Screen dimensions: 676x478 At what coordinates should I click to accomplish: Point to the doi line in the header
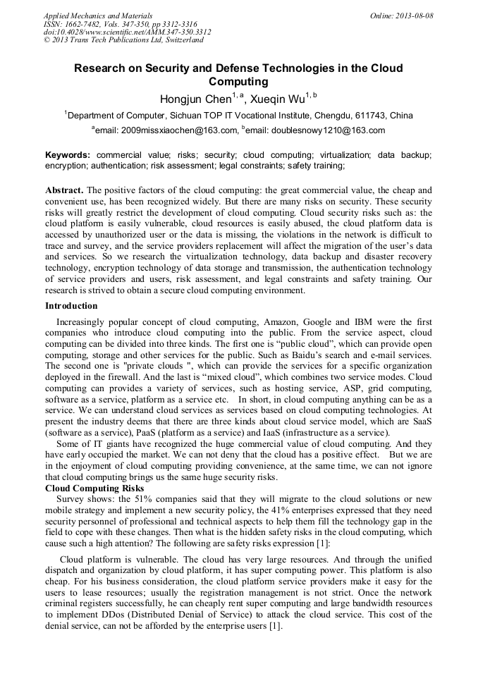tap(127, 32)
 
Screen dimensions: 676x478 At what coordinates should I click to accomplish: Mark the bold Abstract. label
tap(64, 190)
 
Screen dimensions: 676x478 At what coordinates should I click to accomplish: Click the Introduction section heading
tap(71, 306)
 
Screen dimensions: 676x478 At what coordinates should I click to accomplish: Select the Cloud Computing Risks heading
tap(94, 488)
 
